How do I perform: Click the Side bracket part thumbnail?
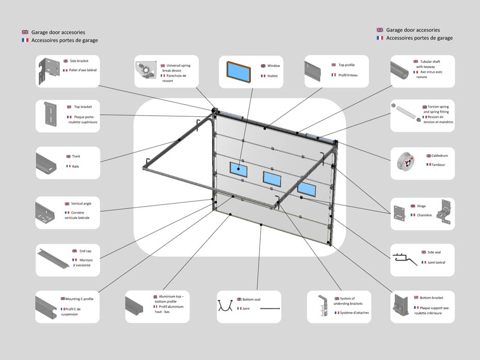48,71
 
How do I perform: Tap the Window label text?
274,66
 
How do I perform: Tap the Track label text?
76,156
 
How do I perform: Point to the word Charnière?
424,215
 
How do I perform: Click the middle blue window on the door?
271,178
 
